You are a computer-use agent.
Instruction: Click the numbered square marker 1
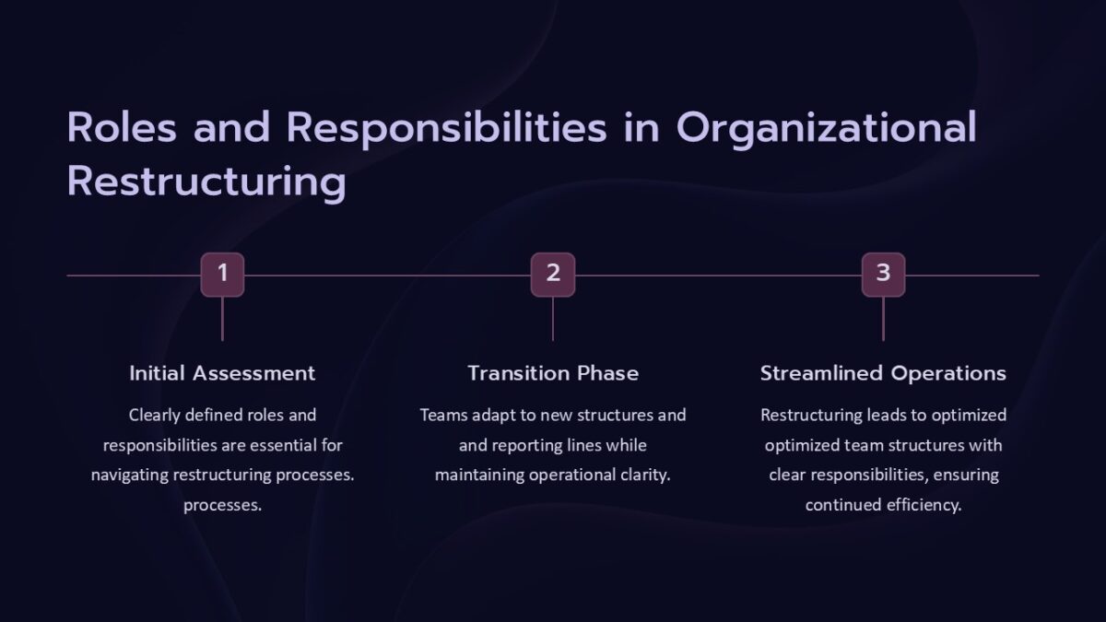[x=222, y=275]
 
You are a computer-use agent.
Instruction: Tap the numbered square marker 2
[x=553, y=275]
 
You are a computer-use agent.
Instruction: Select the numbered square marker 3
[x=883, y=275]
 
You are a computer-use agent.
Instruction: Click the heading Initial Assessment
[x=222, y=373]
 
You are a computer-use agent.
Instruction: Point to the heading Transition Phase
[x=553, y=373]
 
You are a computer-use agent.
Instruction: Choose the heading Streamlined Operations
[x=883, y=373]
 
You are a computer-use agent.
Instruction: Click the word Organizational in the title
[x=826, y=129]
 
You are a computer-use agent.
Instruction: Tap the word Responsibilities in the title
[x=446, y=128]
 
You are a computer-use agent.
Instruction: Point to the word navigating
[x=128, y=475]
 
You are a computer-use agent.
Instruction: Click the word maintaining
[x=479, y=475]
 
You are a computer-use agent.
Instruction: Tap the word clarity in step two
[x=644, y=475]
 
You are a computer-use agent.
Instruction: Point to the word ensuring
[x=964, y=475]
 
